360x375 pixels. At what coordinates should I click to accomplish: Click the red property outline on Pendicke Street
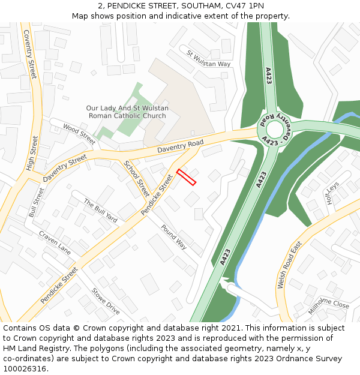(186, 177)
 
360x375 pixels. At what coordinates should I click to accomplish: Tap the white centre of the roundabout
(274, 129)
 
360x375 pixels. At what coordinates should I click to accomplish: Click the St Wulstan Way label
(208, 59)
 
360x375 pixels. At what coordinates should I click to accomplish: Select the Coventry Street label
(30, 54)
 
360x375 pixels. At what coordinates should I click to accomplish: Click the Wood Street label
(79, 134)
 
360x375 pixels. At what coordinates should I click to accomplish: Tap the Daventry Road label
(180, 146)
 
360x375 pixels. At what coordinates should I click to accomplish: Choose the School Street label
(136, 179)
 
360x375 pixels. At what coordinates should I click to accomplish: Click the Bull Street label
(37, 203)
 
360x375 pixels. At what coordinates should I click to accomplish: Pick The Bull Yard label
(100, 210)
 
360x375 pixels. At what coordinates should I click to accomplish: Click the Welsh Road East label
(289, 266)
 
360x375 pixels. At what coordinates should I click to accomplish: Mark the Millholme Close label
(328, 305)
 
